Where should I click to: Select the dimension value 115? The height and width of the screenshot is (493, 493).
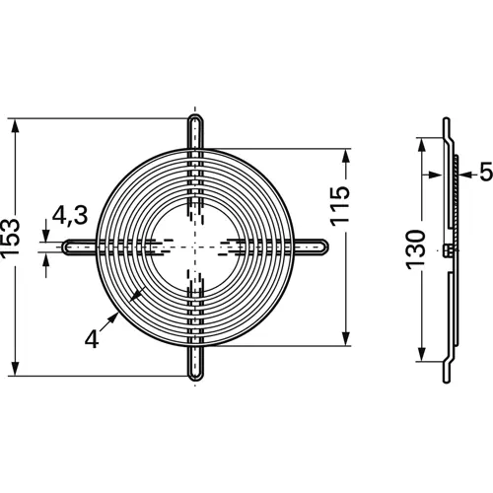[340, 205]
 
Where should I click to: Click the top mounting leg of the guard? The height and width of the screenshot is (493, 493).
[195, 132]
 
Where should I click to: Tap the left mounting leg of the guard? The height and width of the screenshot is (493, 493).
[79, 246]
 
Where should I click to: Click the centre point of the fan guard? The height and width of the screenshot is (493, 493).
[195, 246]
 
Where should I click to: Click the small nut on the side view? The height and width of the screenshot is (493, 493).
[449, 250]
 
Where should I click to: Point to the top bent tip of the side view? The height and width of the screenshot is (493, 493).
[444, 122]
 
